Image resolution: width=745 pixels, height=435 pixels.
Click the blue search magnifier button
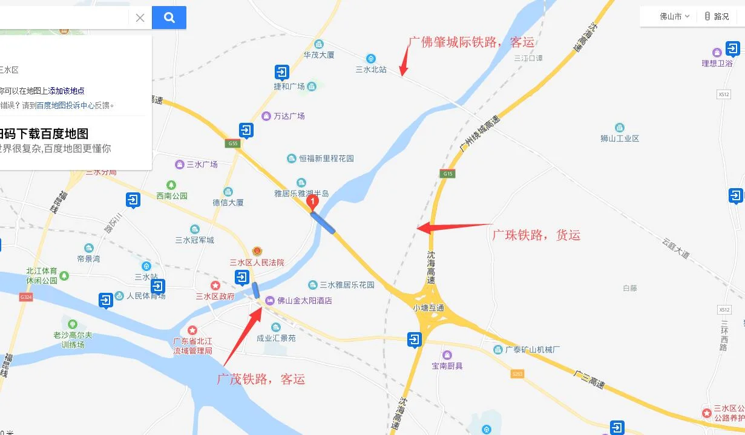(x=169, y=18)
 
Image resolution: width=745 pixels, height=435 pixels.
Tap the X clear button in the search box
(x=140, y=18)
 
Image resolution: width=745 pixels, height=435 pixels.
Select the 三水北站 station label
(x=371, y=70)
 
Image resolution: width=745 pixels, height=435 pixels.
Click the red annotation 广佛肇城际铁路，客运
(x=471, y=42)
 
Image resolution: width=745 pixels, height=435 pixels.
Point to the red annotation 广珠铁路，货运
(x=536, y=235)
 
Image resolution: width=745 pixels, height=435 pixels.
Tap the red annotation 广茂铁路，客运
(x=261, y=379)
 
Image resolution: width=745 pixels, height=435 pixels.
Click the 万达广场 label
(x=289, y=116)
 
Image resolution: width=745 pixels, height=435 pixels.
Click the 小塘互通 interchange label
(x=428, y=307)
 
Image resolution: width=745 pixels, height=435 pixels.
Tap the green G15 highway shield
(x=448, y=174)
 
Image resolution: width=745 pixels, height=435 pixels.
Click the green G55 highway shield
(x=233, y=143)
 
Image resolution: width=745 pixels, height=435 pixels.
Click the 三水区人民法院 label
(x=257, y=263)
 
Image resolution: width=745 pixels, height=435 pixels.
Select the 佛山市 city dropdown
(x=674, y=16)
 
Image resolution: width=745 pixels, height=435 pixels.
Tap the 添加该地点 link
(x=67, y=91)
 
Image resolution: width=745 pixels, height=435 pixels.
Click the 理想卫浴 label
(x=717, y=63)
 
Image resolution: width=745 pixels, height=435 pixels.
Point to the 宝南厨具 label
(x=447, y=365)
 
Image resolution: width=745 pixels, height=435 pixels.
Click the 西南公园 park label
(x=172, y=195)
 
